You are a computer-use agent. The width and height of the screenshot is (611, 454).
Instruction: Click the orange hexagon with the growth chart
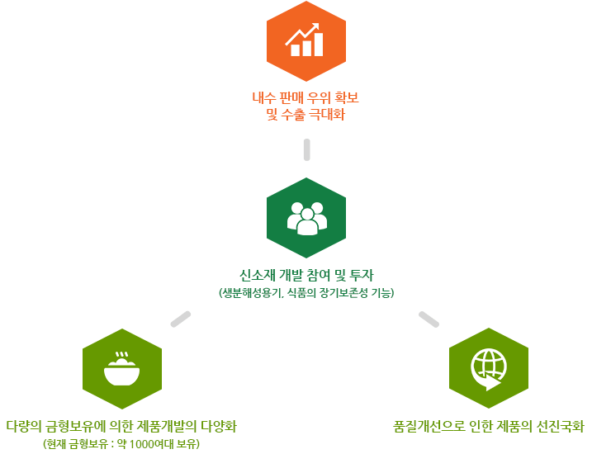[x=306, y=41]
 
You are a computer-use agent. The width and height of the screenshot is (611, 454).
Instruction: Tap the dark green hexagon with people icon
[x=306, y=217]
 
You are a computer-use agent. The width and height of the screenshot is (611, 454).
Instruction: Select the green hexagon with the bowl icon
[x=122, y=368]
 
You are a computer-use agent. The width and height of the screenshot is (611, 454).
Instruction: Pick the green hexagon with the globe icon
[x=488, y=368]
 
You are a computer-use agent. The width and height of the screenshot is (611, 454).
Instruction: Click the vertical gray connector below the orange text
[x=306, y=149]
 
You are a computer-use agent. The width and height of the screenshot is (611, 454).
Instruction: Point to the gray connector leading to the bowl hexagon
[x=181, y=319]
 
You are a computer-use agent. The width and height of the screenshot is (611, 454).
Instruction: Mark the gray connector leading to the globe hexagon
[x=429, y=319]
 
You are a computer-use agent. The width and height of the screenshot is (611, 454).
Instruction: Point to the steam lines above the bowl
[x=122, y=356]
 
